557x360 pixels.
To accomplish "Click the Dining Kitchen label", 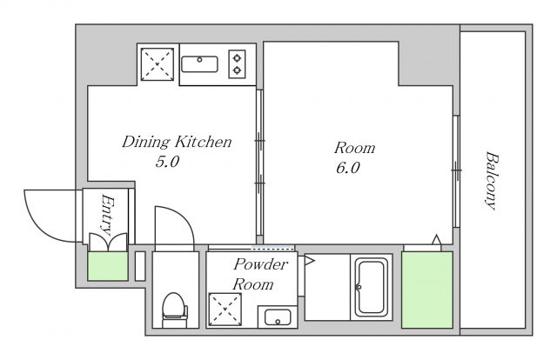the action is click(x=177, y=142).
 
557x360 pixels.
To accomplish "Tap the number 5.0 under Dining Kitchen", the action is click(x=167, y=162).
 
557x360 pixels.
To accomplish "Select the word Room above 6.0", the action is click(x=354, y=148).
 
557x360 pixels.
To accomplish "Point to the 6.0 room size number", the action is click(x=348, y=168).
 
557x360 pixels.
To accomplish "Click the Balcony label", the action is click(x=492, y=181).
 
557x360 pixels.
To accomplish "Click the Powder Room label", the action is click(x=259, y=274).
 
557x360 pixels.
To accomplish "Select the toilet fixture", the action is click(x=174, y=310).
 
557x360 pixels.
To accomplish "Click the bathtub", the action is click(x=372, y=287).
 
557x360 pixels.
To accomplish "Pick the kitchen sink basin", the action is click(x=199, y=63).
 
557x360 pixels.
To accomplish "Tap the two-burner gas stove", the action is click(x=237, y=63).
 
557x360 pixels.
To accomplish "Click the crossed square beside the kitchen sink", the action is click(x=158, y=64).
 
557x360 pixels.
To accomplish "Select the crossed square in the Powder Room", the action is click(x=225, y=309).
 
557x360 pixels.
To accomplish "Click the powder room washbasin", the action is click(x=278, y=317).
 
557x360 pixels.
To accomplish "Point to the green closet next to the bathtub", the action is click(x=427, y=290).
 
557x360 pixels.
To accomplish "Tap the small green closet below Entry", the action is click(x=108, y=266).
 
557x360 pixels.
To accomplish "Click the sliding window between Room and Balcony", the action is click(x=456, y=171).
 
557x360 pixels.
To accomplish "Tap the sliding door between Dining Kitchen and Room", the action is click(x=259, y=163).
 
